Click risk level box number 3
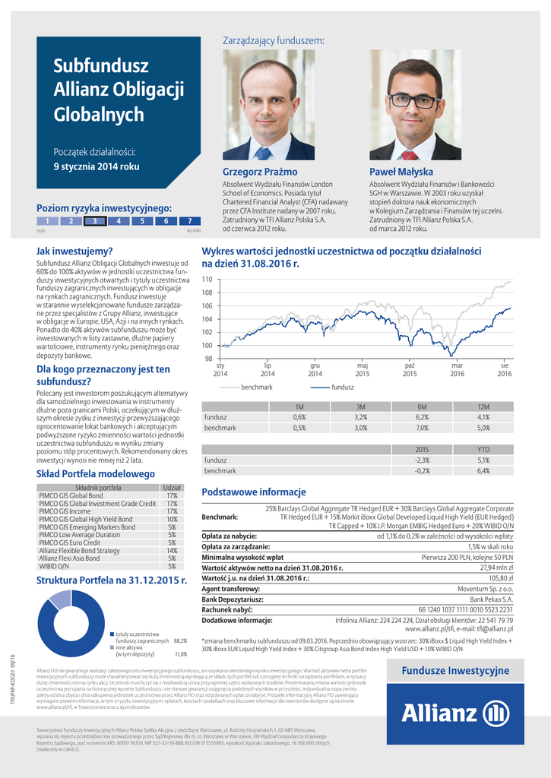[95, 221]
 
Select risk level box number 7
[189, 221]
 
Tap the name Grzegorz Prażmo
[255, 172]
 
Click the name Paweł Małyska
[401, 172]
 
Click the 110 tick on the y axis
[207, 280]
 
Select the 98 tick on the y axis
[207, 358]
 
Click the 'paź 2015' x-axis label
[410, 370]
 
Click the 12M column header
[483, 407]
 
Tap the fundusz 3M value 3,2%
[360, 417]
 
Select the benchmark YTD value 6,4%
[483, 471]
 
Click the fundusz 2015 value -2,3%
[422, 460]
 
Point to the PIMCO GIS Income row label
[65, 511]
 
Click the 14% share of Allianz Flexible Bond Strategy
[172, 550]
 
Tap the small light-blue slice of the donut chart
[59, 600]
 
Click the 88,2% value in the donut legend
[180, 640]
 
